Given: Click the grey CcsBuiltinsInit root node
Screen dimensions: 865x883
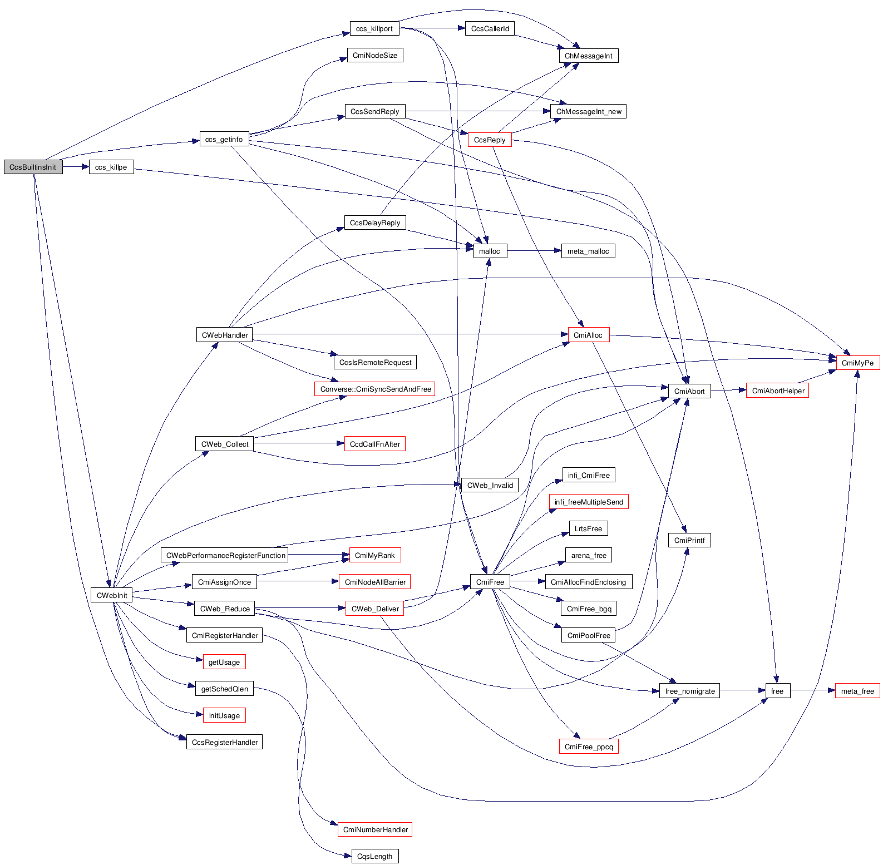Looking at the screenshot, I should (33, 167).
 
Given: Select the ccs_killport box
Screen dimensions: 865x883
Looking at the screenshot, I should (374, 28).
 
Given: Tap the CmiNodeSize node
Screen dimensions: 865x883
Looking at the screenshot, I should (375, 55).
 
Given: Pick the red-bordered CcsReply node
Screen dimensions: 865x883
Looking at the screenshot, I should (490, 140).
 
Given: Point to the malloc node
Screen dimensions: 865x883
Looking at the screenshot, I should (490, 251).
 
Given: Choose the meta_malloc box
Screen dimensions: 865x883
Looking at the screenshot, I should (588, 251).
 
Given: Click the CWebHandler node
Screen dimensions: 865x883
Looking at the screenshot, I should (225, 335).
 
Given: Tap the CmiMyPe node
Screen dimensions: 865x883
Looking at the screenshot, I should (857, 363).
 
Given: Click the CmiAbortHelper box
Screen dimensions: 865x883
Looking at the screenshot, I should (778, 391).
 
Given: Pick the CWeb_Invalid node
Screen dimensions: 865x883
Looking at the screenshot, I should (490, 485).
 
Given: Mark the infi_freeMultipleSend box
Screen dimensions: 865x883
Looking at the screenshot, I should (589, 502).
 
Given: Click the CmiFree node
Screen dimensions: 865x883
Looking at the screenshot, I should (490, 582).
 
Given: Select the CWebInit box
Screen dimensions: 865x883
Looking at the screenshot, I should (112, 595).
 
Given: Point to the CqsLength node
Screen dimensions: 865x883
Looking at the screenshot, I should (374, 856).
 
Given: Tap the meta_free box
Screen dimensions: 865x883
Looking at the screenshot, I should (857, 691).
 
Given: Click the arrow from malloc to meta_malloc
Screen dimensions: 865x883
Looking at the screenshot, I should (534, 251).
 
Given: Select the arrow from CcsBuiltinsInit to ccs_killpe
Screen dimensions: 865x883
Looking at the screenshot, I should (76, 167).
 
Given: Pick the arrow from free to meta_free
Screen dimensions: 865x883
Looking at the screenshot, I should (812, 691).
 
